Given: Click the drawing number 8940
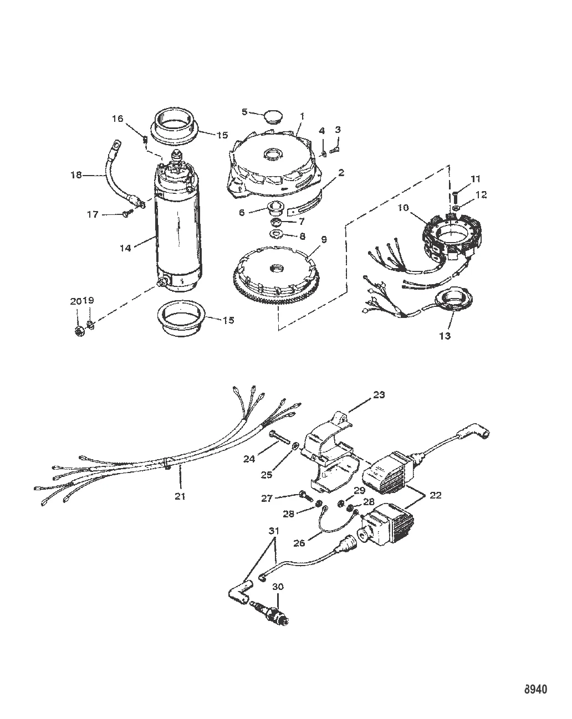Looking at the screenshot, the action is coord(535,689).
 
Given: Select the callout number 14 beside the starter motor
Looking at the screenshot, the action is coord(125,248).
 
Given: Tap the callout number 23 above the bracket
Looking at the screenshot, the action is coord(379,395).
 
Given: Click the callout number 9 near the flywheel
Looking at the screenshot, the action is coord(323,239).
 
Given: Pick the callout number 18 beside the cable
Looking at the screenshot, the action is coord(76,174).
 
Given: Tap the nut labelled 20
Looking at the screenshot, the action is coord(80,331).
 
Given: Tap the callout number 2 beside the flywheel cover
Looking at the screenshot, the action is coord(341,173).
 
